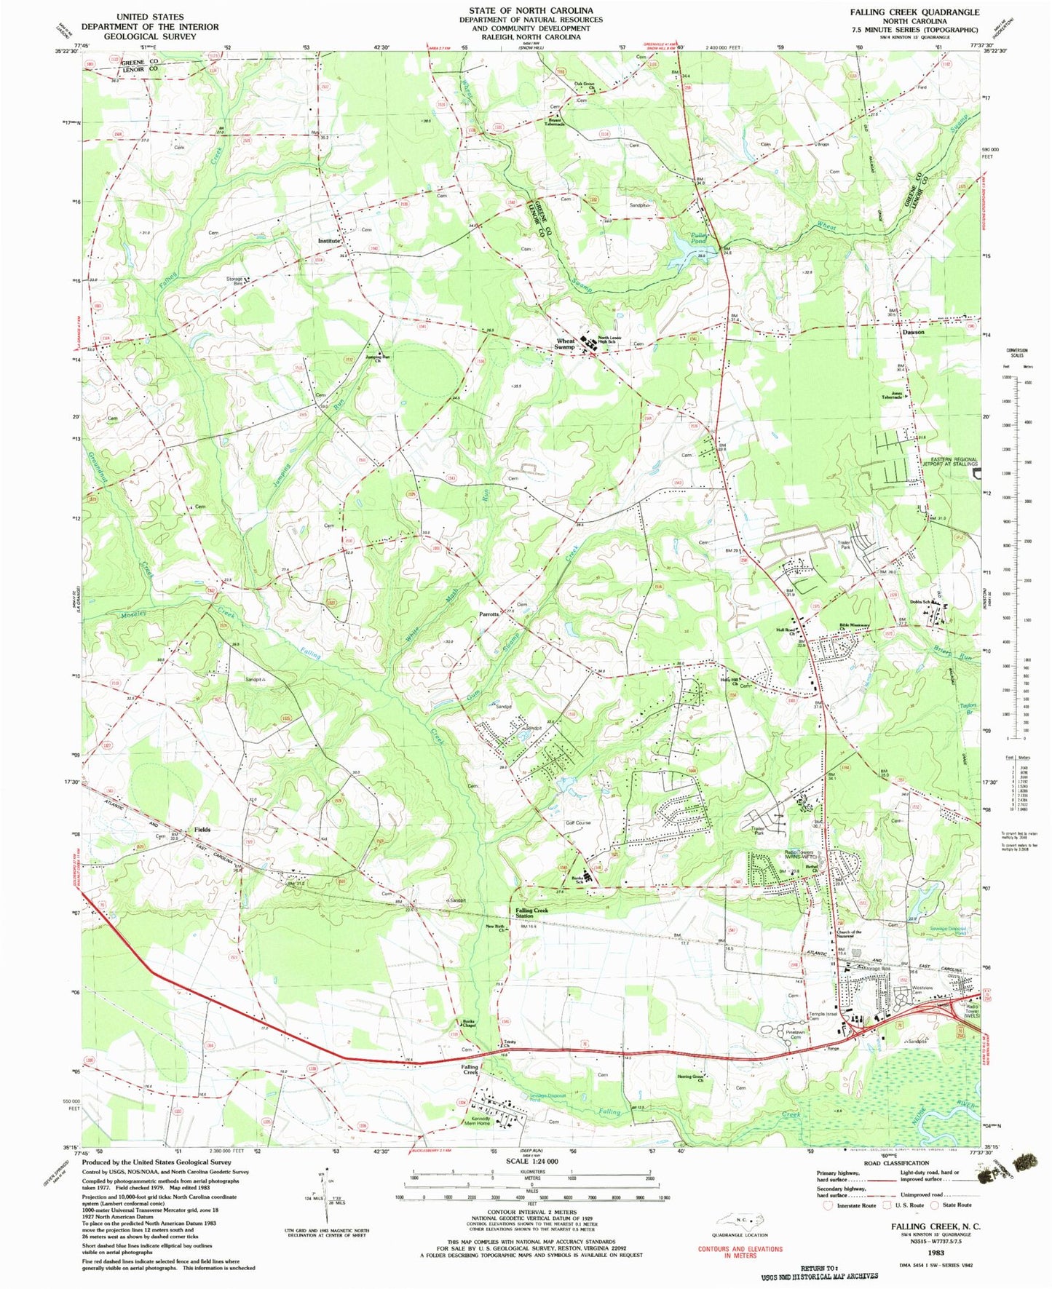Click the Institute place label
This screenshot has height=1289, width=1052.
[x=328, y=241]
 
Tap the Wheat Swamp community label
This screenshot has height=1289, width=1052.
[x=565, y=344]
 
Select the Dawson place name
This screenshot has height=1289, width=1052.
[x=913, y=332]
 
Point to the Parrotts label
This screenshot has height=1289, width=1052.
[x=489, y=614]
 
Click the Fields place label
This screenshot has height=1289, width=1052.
[x=202, y=829]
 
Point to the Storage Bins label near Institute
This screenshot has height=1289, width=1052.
[x=234, y=281]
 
